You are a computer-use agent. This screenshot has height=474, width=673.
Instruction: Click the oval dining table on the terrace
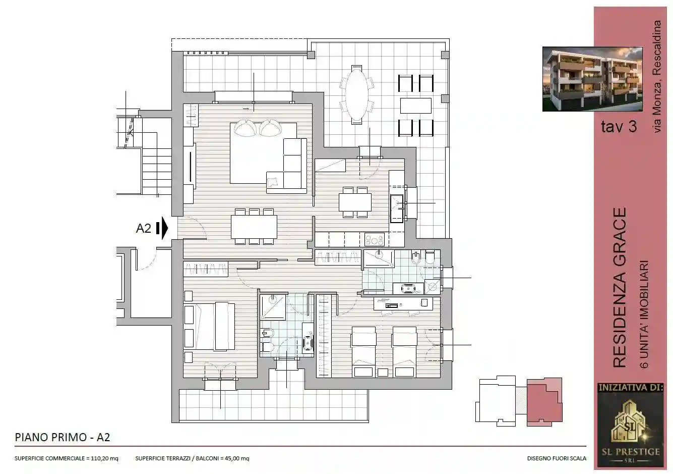tap(357, 94)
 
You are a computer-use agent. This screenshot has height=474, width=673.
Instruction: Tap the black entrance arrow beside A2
tap(162, 228)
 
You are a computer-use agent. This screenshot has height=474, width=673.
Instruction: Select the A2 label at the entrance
tap(144, 228)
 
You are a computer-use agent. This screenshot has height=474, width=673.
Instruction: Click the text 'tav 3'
tap(619, 126)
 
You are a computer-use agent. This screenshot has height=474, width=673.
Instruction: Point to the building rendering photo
tap(592, 79)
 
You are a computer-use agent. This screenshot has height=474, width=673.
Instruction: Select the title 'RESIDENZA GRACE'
tap(619, 287)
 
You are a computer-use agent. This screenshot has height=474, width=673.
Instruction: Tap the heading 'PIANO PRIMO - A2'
tap(63, 437)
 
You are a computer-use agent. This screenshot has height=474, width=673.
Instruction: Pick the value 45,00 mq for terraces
tap(237, 459)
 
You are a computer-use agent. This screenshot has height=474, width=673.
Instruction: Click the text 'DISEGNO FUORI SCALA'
tap(557, 459)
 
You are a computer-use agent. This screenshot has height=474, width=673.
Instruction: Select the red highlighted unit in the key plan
tap(544, 401)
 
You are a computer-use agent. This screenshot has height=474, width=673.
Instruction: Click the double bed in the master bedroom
tap(209, 326)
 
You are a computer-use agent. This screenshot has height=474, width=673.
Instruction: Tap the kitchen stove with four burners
tap(375, 239)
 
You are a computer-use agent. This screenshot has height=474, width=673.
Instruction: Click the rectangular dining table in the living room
tap(254, 227)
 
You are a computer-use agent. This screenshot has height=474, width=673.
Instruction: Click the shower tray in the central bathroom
tap(272, 307)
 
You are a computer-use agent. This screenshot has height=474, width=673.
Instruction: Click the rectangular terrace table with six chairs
tap(415, 106)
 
